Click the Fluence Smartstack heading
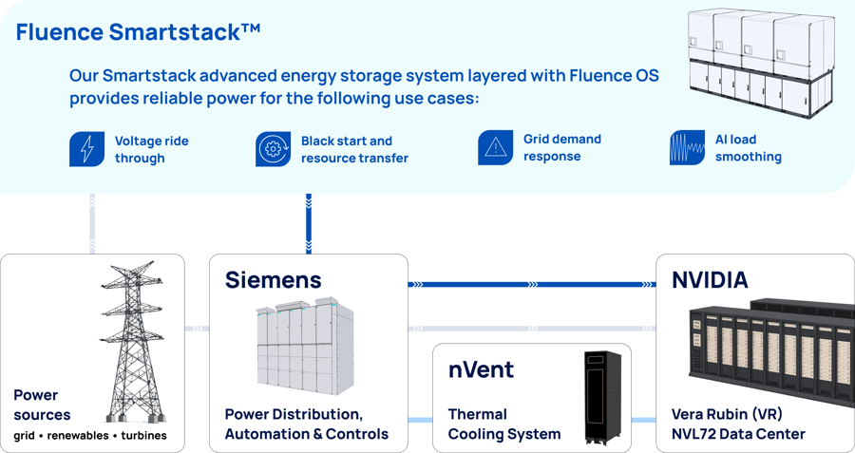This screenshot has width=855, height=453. click(138, 31)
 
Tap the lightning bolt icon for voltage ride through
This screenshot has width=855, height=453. click(86, 149)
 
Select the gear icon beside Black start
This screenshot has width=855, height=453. click(274, 149)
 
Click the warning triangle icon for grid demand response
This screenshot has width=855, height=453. click(496, 147)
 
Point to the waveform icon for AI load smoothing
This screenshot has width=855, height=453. click(687, 147)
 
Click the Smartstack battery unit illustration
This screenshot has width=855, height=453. click(761, 62)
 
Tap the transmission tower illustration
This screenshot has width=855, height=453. click(133, 342)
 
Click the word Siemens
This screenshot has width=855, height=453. click(274, 279)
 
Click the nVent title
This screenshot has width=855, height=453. click(481, 369)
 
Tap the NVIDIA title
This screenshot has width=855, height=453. click(710, 279)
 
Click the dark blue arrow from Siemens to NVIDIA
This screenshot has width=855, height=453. click(532, 284)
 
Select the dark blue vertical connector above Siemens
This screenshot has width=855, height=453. click(309, 223)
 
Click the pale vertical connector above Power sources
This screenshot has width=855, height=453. click(92, 223)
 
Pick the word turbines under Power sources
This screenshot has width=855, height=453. click(144, 436)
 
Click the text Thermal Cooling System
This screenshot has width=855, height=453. click(504, 425)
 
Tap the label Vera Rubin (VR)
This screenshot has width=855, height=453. click(727, 414)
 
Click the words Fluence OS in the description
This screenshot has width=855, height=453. click(614, 75)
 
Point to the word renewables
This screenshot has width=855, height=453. click(78, 436)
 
